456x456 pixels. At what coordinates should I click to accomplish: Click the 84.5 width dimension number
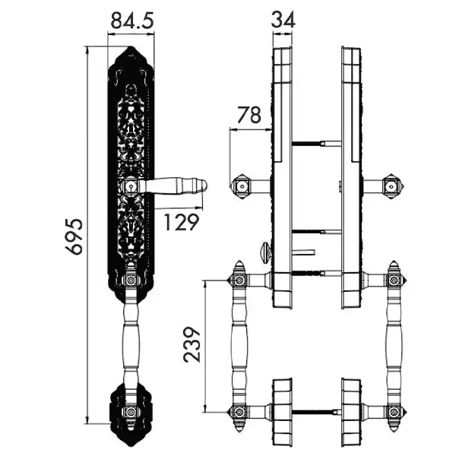[132, 21]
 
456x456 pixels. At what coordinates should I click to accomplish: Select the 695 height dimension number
[74, 236]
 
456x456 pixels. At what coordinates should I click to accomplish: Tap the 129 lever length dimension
[182, 222]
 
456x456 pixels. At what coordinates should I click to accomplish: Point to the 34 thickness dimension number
[283, 20]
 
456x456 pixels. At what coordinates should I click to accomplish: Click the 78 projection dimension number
[249, 116]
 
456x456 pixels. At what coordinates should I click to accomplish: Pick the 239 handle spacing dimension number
[192, 344]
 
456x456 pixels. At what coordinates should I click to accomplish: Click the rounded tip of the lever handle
[204, 186]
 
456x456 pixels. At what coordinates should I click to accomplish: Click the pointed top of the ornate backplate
[131, 47]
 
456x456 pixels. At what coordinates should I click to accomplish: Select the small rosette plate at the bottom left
[131, 413]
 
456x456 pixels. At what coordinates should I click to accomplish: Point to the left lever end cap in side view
[241, 186]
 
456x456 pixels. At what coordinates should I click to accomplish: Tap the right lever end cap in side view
[393, 186]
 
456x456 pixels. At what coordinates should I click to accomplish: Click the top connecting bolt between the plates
[316, 143]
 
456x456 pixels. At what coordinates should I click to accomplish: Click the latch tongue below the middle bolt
[304, 252]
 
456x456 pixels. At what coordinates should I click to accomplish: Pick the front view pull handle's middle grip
[131, 344]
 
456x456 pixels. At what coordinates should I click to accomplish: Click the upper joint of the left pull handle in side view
[239, 280]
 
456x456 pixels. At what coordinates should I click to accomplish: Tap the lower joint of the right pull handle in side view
[394, 412]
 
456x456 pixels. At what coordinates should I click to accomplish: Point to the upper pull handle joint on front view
[131, 280]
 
